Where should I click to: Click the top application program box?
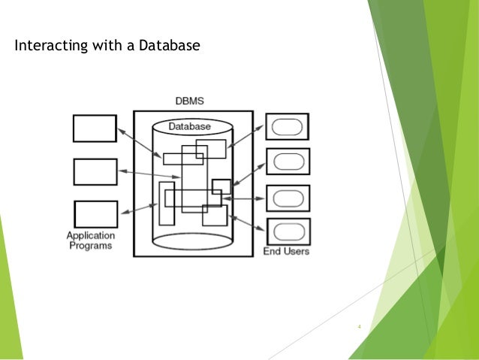click(95, 129)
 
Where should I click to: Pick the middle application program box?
click(95, 171)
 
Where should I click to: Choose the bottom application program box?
click(95, 213)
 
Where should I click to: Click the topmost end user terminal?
click(287, 126)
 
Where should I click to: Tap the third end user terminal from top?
click(287, 198)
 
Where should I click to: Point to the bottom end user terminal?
click(287, 231)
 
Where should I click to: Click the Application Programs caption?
click(90, 241)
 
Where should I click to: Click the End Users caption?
click(286, 251)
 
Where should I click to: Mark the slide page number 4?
click(360, 327)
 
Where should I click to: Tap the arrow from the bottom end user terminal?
click(248, 222)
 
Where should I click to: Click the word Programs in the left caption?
click(90, 246)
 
